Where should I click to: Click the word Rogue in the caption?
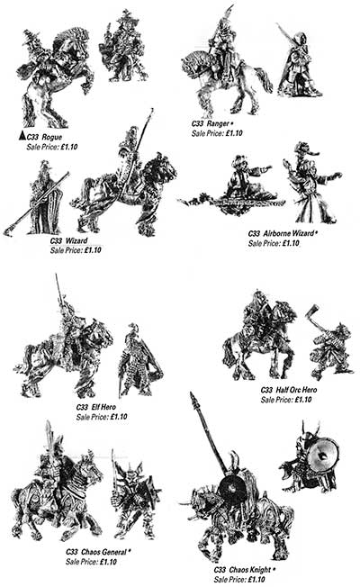point(51,137)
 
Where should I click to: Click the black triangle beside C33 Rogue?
point(22,136)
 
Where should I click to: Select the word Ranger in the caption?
point(217,123)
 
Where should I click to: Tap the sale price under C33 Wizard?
point(76,250)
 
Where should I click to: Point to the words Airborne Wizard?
point(288,233)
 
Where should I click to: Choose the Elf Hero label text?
point(96,407)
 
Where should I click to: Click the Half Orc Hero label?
point(289,390)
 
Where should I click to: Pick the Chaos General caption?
point(98,552)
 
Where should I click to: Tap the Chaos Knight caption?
point(245,569)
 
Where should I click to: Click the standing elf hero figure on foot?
point(139,360)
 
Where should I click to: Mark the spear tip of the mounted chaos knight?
point(193,398)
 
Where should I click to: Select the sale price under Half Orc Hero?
point(286,400)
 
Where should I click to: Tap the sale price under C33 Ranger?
point(217,133)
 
